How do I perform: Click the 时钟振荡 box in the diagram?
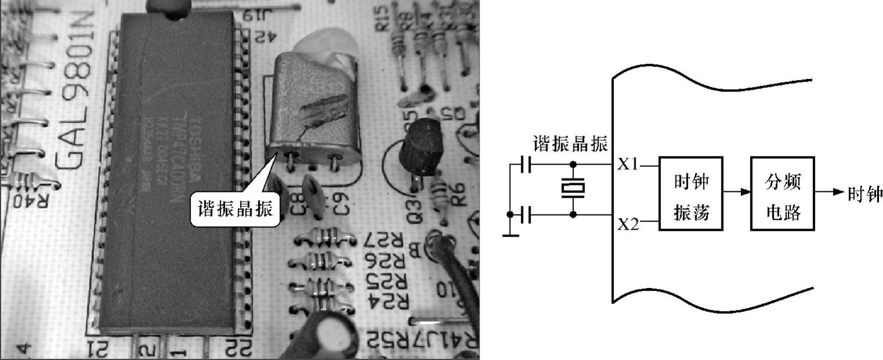pyautogui.click(x=691, y=193)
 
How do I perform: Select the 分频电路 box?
pyautogui.click(x=782, y=193)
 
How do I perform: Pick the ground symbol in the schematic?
pyautogui.click(x=511, y=234)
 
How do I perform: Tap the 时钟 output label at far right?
pyautogui.click(x=864, y=194)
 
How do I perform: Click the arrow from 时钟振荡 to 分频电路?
pyautogui.click(x=737, y=193)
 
